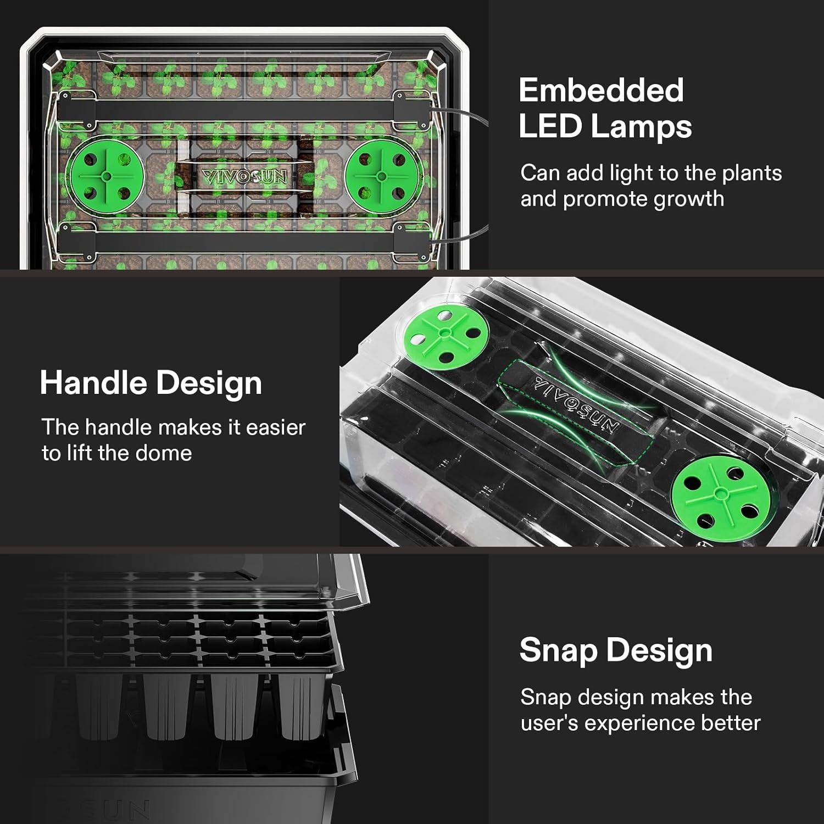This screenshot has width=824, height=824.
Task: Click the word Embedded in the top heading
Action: point(601,90)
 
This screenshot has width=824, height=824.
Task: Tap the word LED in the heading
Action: point(550,126)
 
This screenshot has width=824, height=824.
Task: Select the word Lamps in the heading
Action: point(641,127)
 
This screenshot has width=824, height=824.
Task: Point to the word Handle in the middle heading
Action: point(93,383)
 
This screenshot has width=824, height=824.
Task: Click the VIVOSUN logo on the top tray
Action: point(244,177)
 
